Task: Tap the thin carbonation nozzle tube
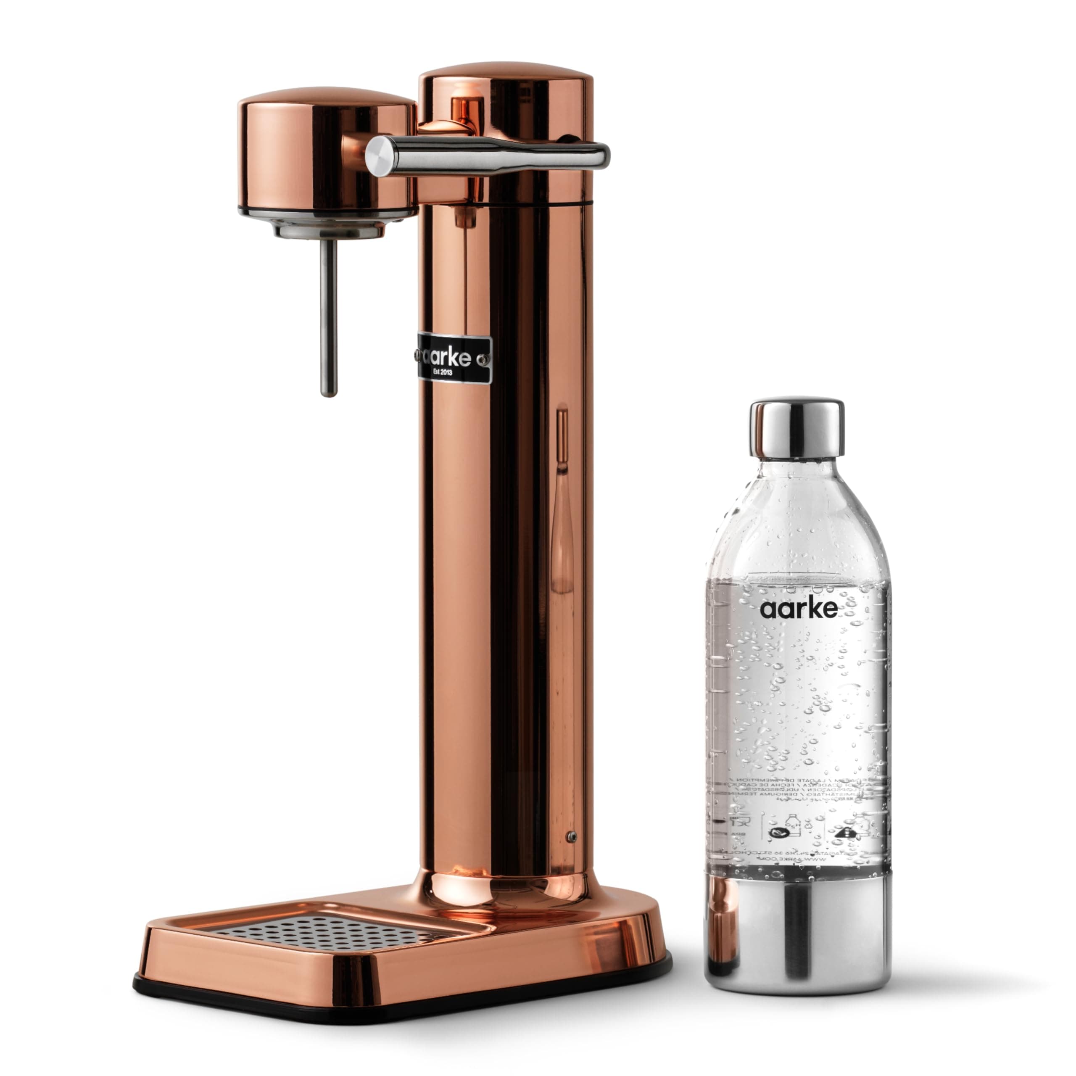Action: click(x=329, y=317)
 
